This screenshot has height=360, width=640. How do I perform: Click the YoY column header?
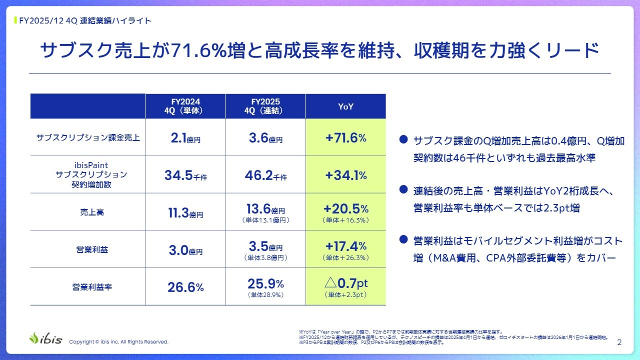tap(345, 106)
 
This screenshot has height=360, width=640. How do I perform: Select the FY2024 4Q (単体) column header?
tap(185, 106)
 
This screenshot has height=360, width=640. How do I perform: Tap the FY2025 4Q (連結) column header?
tap(265, 106)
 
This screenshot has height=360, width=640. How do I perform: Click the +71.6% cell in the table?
tap(345, 138)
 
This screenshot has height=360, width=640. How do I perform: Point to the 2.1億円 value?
tap(185, 138)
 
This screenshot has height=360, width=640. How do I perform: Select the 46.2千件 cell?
tap(265, 175)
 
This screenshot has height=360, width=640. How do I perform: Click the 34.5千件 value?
tap(185, 175)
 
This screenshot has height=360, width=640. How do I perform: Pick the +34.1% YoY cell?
tap(345, 175)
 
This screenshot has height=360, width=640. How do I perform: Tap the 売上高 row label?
tap(88, 212)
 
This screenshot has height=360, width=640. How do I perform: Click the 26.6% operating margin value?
tap(185, 287)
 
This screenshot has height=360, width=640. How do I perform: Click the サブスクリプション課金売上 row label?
tap(88, 138)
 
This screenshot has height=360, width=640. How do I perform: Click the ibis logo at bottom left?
tap(46, 338)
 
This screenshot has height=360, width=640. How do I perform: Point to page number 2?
tap(619, 342)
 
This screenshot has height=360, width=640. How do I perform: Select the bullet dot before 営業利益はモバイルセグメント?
tap(403, 240)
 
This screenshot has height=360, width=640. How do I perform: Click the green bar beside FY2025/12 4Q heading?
tap(15, 21)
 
